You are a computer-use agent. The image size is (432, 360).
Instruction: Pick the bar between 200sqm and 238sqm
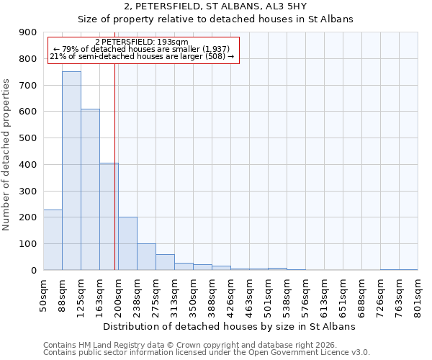coord(127,243)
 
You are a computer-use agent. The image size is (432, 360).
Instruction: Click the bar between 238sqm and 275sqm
coord(146,257)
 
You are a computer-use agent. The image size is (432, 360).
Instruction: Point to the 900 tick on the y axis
coord(29,32)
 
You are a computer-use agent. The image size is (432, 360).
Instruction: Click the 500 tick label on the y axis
coord(29,138)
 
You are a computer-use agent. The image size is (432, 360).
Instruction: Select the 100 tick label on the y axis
coord(29,244)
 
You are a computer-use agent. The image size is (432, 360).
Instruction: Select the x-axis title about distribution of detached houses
coord(230,327)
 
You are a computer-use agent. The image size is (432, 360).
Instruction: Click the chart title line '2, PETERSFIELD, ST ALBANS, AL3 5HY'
coord(215,6)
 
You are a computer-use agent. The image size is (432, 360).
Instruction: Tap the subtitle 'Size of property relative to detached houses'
coord(215,19)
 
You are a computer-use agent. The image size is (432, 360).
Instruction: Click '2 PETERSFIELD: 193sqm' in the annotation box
coord(141,42)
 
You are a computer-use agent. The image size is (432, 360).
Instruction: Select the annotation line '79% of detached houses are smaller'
coord(141,49)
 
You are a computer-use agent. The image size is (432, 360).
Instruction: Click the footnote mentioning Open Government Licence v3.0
coord(207,353)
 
